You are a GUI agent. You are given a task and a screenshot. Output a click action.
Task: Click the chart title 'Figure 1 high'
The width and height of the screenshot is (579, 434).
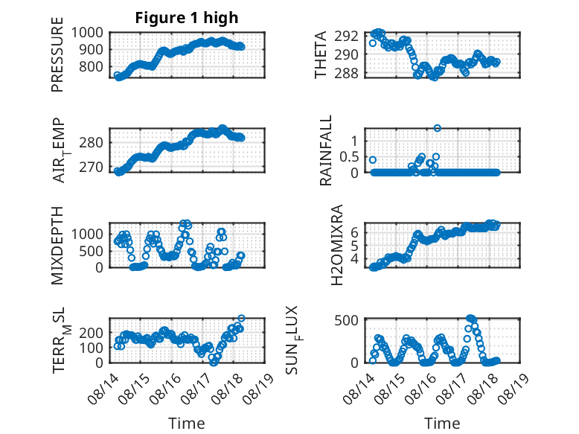pos(187,18)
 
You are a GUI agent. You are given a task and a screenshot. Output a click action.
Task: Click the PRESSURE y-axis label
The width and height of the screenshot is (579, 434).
pos(57,54)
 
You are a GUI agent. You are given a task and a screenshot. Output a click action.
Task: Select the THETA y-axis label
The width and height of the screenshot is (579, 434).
pos(321,54)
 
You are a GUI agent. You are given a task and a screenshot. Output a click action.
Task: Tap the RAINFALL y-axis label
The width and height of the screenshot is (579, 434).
pos(326,150)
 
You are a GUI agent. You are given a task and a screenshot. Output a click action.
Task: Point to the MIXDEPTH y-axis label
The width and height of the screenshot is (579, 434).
pos(57,246)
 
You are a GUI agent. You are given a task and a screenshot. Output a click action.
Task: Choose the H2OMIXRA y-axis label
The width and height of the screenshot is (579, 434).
pos(337,245)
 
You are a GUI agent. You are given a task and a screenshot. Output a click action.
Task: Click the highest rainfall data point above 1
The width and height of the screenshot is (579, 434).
pos(437,128)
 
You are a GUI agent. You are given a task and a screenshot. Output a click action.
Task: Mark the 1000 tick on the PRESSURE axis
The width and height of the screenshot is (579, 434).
pos(87,33)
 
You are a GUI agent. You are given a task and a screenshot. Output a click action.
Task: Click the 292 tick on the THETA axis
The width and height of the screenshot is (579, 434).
pos(346,36)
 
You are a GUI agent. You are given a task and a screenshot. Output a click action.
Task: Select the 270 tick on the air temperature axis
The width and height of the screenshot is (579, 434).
pos(91,167)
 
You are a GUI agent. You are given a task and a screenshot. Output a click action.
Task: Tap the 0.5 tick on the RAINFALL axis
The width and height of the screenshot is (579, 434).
pos(349,156)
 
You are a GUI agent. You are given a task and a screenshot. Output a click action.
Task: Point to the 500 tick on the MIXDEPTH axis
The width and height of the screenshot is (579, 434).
pos(92,251)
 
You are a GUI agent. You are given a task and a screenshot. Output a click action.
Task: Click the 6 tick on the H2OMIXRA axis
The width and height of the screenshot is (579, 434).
pos(354,232)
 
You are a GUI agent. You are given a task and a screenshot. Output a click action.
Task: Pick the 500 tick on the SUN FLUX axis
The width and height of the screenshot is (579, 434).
pos(346,320)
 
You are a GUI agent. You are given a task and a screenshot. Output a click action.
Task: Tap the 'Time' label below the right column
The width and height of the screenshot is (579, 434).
pos(442,424)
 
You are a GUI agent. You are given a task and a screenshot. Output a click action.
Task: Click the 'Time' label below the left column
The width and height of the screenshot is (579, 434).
pos(187,424)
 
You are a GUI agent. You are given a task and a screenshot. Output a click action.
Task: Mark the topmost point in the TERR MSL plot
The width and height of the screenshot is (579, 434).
pos(241,318)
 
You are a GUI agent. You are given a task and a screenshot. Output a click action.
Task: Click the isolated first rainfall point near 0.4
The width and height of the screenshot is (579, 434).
pos(373,160)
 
